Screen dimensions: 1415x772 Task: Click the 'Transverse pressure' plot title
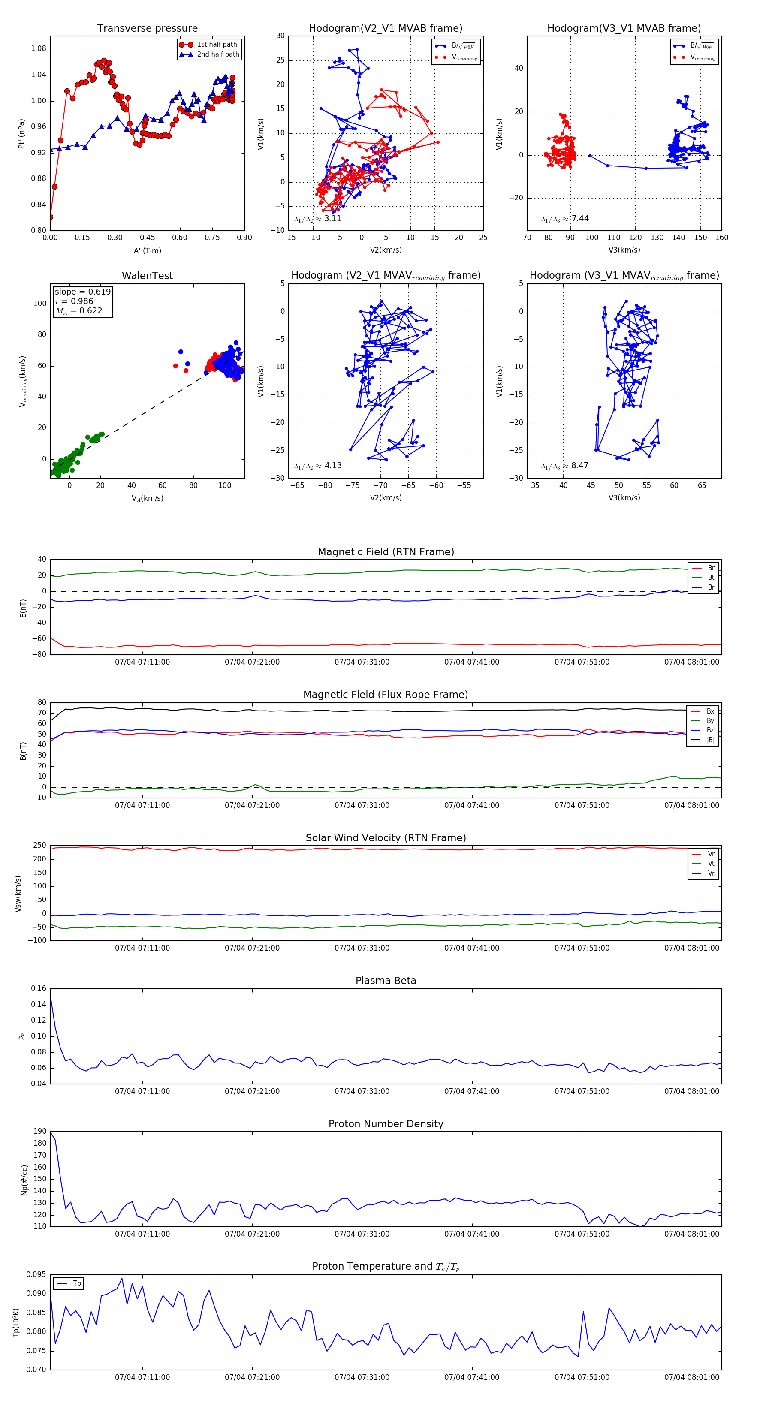147,29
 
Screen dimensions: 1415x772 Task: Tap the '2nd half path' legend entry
217,54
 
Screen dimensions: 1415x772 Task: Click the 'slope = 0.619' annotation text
82,292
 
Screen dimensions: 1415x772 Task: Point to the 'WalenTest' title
147,276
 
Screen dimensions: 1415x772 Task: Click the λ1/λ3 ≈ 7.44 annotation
565,219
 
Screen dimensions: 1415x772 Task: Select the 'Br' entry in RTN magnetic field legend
711,568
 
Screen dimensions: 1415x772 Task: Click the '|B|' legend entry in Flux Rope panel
711,740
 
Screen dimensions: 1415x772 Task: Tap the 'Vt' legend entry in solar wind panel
711,864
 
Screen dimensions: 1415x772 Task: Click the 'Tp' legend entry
77,1283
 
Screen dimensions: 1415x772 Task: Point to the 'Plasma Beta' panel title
386,981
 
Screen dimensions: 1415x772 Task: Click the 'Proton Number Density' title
386,1123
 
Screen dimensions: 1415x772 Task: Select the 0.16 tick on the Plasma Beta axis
39,988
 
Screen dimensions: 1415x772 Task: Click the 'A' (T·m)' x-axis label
147,250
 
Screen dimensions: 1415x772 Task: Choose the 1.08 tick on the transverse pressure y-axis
39,49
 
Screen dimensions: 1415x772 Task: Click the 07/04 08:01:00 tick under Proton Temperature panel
691,1377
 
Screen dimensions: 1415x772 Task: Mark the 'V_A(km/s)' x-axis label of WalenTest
147,498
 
